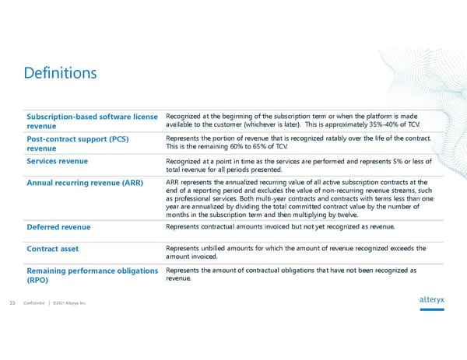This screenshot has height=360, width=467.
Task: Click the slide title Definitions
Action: [x=61, y=74]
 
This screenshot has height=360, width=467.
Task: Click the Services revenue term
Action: [x=57, y=160]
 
